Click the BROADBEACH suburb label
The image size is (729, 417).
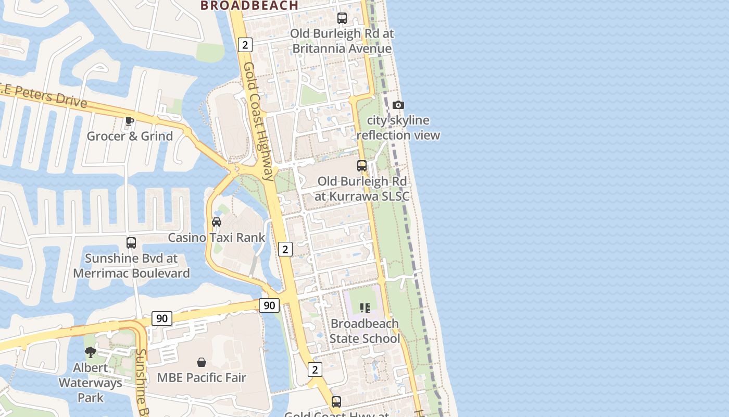pyautogui.click(x=249, y=5)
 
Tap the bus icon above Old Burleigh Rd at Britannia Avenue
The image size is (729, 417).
pyautogui.click(x=342, y=18)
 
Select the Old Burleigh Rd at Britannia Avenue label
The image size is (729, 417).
pyautogui.click(x=342, y=41)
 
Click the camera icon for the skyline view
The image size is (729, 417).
pyautogui.click(x=398, y=105)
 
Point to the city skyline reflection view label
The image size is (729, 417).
pyautogui.click(x=398, y=128)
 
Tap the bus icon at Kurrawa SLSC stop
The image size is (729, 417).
pyautogui.click(x=362, y=166)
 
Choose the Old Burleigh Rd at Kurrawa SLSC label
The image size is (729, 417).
pyautogui.click(x=362, y=189)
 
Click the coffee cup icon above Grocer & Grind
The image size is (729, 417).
pyautogui.click(x=130, y=121)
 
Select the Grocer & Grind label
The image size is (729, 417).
pyautogui.click(x=130, y=137)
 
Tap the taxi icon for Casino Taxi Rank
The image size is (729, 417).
pyautogui.click(x=217, y=222)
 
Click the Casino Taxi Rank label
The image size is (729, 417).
pyautogui.click(x=217, y=238)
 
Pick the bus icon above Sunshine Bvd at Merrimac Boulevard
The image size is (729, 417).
pyautogui.click(x=131, y=243)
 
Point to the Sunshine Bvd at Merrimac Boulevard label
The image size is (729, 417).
pyautogui.click(x=131, y=266)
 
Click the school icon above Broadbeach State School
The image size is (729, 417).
pyautogui.click(x=364, y=308)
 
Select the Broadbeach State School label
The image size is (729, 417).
pyautogui.click(x=364, y=331)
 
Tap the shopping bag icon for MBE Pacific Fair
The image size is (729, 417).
pyautogui.click(x=202, y=362)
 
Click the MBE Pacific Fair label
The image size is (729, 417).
pyautogui.click(x=202, y=377)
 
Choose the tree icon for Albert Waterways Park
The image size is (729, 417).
pyautogui.click(x=91, y=352)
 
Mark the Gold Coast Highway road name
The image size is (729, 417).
pyautogui.click(x=258, y=121)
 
